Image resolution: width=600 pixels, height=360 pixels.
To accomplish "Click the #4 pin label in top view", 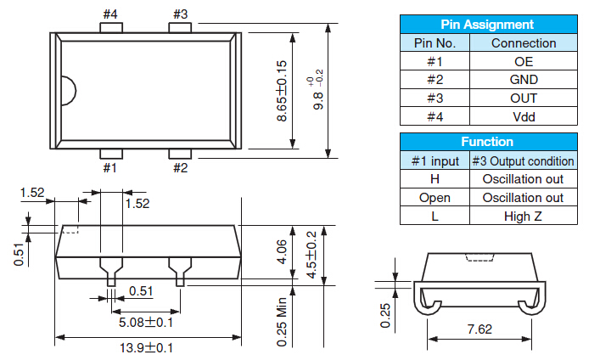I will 111,14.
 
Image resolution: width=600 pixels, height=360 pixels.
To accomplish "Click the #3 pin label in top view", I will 181,14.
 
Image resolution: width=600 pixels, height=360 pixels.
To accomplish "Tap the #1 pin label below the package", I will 111,167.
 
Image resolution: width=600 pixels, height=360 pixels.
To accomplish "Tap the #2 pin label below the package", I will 181,167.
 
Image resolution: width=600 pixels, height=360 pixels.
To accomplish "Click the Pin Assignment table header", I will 487,25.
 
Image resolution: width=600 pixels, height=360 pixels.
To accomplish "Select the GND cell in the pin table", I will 524,80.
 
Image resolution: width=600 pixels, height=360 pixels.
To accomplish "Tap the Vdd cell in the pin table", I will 524,117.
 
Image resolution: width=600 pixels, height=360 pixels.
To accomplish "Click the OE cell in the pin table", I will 524,61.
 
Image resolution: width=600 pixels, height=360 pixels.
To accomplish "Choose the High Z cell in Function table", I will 523,217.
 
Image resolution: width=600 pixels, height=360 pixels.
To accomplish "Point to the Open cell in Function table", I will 435,198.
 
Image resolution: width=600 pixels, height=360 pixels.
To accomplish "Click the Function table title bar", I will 487,142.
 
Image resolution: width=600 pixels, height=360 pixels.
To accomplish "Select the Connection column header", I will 524,43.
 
